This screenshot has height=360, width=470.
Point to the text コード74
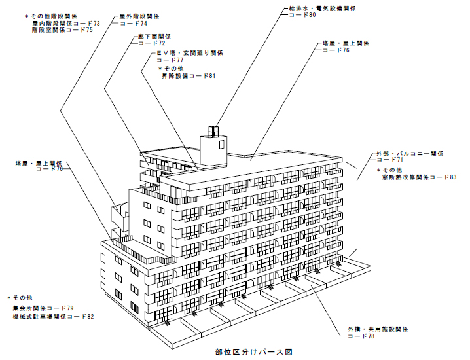pyautogui.click(x=133, y=23)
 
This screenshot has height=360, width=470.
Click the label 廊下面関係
pyautogui.click(x=154, y=37)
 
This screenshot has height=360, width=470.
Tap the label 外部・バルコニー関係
pyautogui.click(x=410, y=153)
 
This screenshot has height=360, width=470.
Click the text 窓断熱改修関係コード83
pyautogui.click(x=419, y=177)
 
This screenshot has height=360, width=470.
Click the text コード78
pyautogui.click(x=360, y=336)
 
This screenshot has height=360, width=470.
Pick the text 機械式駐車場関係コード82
pyautogui.click(x=52, y=316)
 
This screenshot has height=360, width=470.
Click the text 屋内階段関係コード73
pyautogui.click(x=65, y=23)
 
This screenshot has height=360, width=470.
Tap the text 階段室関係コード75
pyautogui.click(x=62, y=30)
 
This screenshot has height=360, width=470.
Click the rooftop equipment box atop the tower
pyautogui.click(x=215, y=129)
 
